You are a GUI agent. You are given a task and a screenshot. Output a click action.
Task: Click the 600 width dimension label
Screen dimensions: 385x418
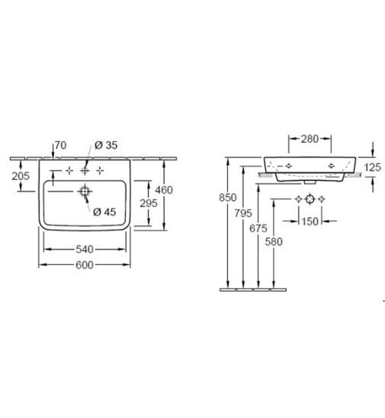coord(84,265)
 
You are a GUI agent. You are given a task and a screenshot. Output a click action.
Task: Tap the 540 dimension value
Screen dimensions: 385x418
coord(84,250)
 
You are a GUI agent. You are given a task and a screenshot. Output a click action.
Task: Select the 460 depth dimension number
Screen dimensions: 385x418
coord(164,190)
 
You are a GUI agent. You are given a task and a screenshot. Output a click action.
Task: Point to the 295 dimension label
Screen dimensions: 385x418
coord(149,204)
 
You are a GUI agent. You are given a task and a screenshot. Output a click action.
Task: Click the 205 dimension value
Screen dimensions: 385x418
coord(20,176)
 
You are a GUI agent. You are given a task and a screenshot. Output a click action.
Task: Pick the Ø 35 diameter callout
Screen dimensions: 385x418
coord(106,145)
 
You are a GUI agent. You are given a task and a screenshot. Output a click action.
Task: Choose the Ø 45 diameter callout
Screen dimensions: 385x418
coord(104,212)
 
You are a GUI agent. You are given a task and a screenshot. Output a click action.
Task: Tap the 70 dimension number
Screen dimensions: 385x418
coord(60,145)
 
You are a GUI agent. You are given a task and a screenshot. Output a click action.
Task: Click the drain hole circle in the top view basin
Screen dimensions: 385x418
coord(85,192)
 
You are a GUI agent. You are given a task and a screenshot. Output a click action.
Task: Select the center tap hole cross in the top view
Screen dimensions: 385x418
coord(85,171)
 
